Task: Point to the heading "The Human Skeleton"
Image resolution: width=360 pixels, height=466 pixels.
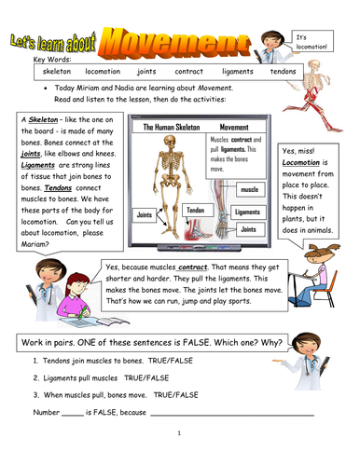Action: point(156,126)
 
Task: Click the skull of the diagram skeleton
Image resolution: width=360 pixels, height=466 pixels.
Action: point(169,143)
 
